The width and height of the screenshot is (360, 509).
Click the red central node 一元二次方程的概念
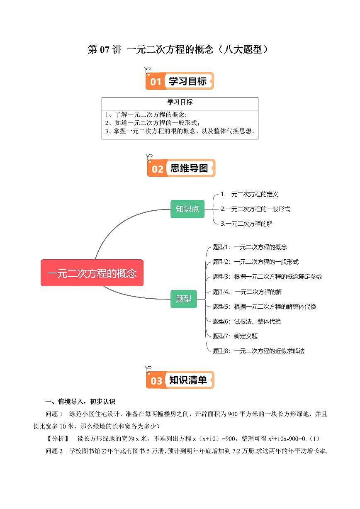92,273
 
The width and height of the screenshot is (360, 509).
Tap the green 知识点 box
187,209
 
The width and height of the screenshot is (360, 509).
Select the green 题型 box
183,299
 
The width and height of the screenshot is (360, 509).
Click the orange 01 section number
156,82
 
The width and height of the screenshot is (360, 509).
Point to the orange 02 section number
158,169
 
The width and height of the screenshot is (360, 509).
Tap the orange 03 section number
156,381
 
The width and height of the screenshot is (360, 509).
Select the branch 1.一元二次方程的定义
249,194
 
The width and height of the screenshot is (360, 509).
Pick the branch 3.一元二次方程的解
247,224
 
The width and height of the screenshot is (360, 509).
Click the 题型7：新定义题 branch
235,336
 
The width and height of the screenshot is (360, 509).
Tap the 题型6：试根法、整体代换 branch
247,321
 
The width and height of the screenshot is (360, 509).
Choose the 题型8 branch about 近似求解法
258,351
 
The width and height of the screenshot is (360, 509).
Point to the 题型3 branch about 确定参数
267,276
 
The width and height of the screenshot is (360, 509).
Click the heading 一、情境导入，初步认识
80,402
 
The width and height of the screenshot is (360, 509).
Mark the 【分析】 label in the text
58,438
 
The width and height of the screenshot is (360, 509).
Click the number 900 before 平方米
233,414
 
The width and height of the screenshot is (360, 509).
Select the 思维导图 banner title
189,168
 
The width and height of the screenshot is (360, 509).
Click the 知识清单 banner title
188,380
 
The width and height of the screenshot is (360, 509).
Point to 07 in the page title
105,49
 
